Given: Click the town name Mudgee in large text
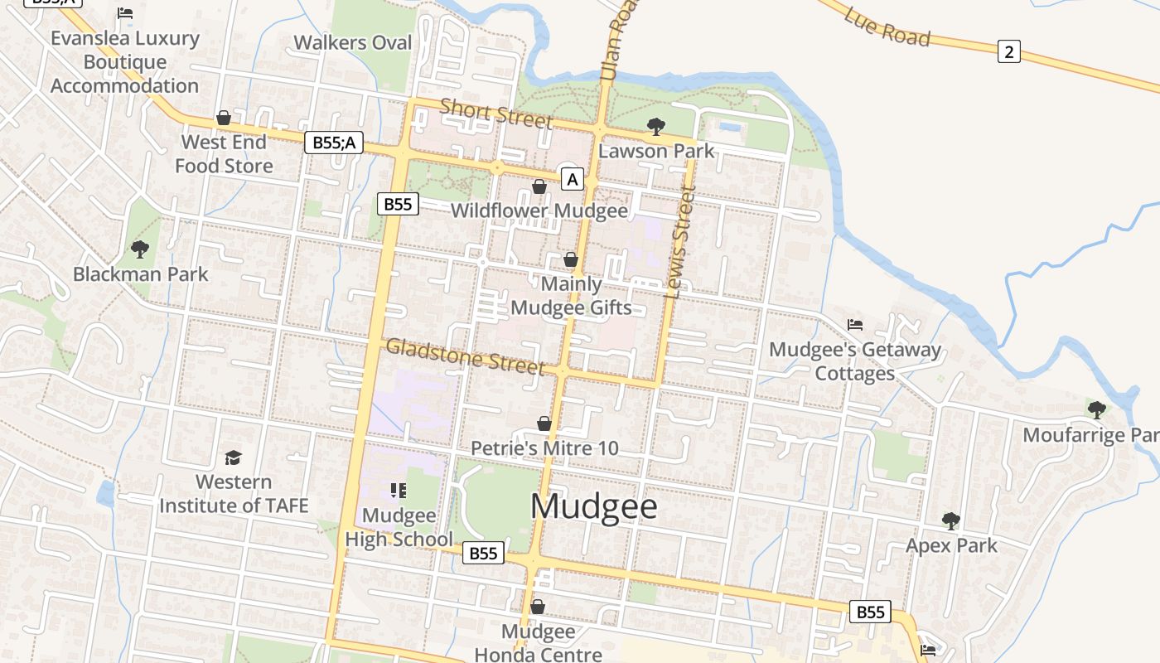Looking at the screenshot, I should tap(594, 506).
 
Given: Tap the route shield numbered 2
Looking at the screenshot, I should tap(1008, 52).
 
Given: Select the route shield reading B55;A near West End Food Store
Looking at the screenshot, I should tap(334, 143).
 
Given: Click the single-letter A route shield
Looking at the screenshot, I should tap(572, 179).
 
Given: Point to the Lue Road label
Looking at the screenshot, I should tap(887, 26).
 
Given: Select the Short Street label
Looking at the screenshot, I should tap(495, 114).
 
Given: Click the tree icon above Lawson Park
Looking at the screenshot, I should tap(656, 127).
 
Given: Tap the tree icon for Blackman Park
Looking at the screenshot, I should tap(140, 249).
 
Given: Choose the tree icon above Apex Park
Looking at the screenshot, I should tap(951, 521).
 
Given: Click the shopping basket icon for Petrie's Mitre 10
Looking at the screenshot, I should tap(544, 423).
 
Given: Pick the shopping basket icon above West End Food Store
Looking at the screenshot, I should tap(223, 118).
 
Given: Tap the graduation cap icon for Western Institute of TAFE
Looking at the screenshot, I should tap(233, 457).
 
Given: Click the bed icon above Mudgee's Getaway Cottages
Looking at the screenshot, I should tap(855, 324).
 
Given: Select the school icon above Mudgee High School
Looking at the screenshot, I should tap(399, 491).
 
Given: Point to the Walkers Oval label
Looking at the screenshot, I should tap(353, 42).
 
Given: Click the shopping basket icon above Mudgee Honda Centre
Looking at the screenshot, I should tap(537, 607).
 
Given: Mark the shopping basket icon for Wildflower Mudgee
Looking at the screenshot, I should tap(539, 186).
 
